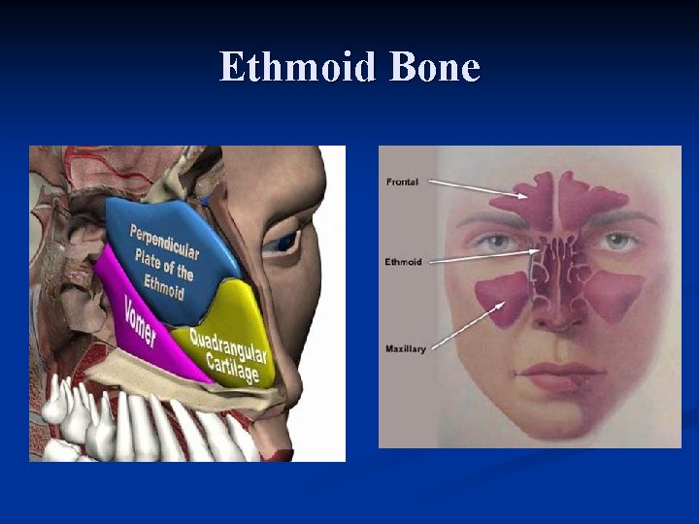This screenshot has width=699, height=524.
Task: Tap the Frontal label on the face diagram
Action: pos(402,181)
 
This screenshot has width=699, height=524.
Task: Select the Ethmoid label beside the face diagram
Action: pos(403,262)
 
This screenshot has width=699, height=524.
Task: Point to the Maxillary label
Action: pos(406,348)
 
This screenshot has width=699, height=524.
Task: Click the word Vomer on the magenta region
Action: pos(140,321)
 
